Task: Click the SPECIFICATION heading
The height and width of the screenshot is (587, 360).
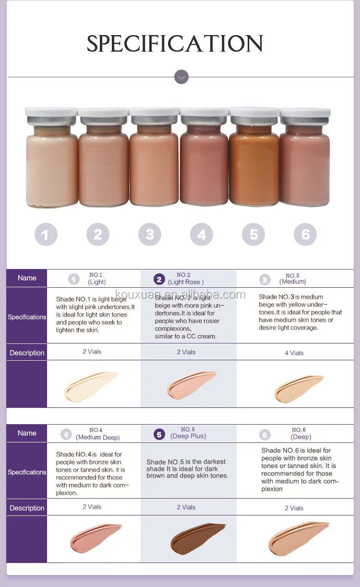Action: point(175,44)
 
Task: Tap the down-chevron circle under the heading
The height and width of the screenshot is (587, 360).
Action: point(181,77)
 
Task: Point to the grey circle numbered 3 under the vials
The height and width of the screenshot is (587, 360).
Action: point(150,234)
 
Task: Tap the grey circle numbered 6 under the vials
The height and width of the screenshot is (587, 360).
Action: point(305,234)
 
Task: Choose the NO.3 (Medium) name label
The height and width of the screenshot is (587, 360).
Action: point(292,279)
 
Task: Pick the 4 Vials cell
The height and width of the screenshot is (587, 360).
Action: point(294,353)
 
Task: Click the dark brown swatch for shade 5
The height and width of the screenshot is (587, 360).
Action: point(198,538)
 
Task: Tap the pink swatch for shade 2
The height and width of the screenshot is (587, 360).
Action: point(192,384)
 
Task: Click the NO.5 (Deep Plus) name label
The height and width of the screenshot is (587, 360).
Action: point(188,433)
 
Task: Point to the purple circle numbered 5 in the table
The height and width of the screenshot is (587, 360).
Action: point(159,435)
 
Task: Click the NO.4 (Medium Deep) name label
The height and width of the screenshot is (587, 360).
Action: point(97,434)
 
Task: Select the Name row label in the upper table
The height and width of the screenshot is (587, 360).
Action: point(27,278)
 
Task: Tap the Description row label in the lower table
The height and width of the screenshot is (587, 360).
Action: point(27,508)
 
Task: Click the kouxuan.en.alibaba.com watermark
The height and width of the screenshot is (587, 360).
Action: point(180,294)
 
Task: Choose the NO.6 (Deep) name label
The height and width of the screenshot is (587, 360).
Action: point(300,434)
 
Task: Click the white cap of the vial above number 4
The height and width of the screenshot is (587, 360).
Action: point(204,115)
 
